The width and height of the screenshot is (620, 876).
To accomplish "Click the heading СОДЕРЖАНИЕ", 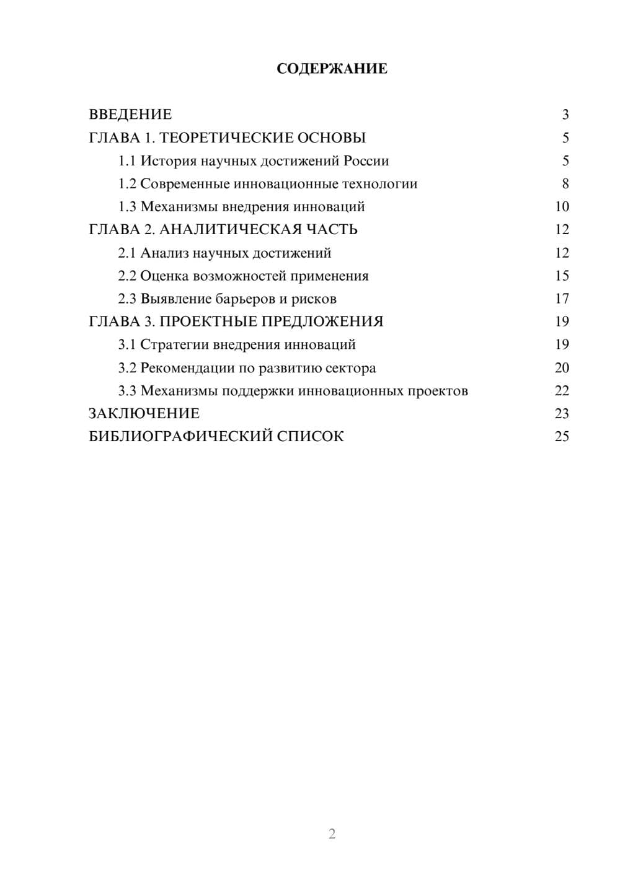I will coord(332,69).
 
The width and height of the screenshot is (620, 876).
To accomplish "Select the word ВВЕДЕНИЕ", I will coord(130,115).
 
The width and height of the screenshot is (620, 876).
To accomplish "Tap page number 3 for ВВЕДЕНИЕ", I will coord(565,115).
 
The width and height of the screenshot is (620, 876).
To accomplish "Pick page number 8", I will coord(565,184).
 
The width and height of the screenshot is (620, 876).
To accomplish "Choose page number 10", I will coord(562,207).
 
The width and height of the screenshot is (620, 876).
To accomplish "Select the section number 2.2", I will coord(127,276).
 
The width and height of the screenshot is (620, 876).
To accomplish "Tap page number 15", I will coord(562,276).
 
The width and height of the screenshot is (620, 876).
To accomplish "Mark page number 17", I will coord(562,299).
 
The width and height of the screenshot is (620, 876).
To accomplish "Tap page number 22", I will coord(562,391).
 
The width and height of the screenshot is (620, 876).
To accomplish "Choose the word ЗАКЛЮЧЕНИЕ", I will coord(144,414).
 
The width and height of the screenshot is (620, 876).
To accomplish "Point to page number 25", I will coord(562,437).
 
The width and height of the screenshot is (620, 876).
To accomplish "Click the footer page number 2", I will coord(332,834).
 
